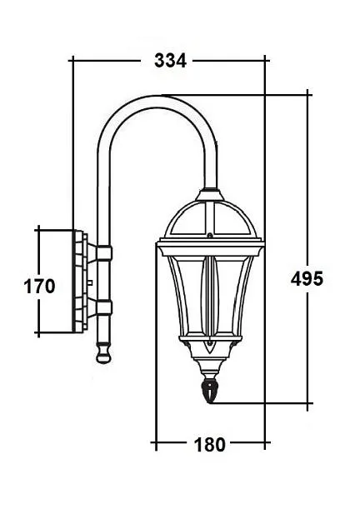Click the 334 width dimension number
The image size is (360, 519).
(x=170, y=60)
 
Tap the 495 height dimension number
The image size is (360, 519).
(x=306, y=278)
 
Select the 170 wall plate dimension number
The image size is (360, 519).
(x=38, y=287)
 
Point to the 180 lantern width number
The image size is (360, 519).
(x=209, y=444)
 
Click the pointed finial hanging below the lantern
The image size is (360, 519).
(x=211, y=390)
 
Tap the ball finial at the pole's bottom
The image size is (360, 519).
(x=102, y=353)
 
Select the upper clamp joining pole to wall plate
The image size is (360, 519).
(x=103, y=252)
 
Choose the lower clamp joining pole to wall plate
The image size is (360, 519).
(x=103, y=307)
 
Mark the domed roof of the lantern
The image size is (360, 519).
(x=210, y=220)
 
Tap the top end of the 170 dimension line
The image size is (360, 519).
(x=38, y=227)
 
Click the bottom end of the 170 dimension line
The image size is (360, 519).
(x=38, y=335)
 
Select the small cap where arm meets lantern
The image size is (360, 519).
(x=210, y=196)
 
